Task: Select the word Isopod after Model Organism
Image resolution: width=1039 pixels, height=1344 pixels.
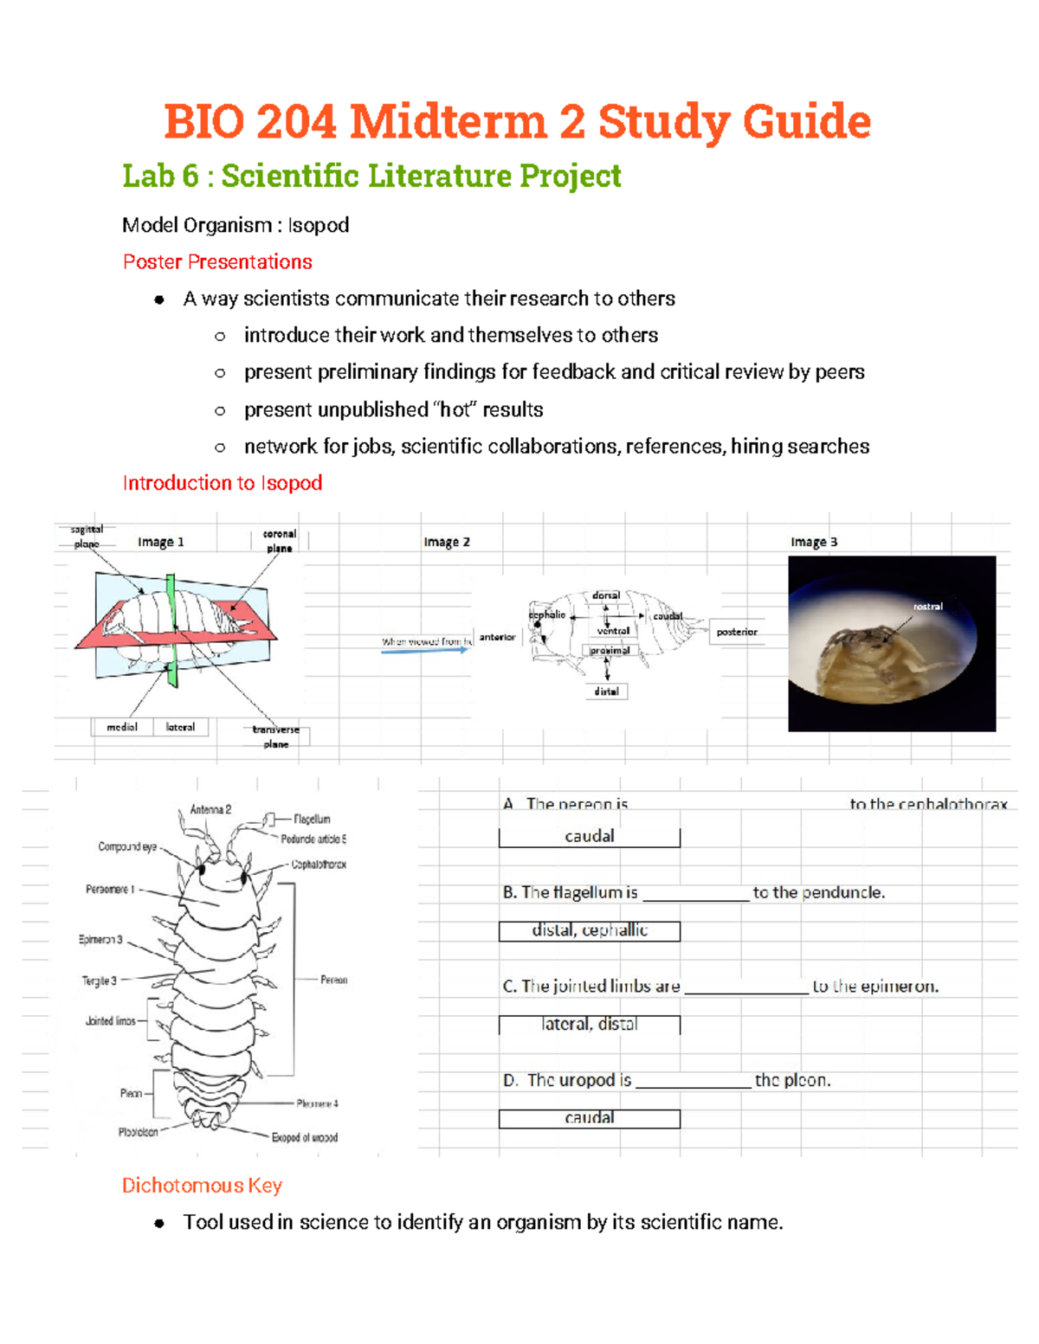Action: click(319, 226)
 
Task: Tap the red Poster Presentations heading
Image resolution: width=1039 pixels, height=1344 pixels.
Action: click(217, 262)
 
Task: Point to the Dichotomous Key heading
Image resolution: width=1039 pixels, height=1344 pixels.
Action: click(202, 1186)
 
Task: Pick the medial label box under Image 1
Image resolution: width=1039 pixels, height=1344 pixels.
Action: click(122, 727)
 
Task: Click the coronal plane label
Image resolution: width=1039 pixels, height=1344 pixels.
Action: click(280, 541)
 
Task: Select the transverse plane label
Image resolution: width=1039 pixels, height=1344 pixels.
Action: click(276, 736)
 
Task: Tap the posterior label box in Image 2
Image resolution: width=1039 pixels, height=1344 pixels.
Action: click(737, 632)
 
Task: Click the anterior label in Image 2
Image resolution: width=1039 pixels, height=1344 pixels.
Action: click(497, 637)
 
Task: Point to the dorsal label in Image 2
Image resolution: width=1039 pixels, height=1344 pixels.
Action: click(606, 595)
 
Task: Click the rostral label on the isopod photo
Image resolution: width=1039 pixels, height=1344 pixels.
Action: click(927, 607)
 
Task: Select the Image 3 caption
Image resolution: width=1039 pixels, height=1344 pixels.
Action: click(814, 542)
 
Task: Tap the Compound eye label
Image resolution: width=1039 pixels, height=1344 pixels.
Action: click(127, 846)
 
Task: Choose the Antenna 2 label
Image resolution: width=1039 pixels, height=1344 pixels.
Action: click(210, 810)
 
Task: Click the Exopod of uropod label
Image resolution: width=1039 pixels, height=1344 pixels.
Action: click(305, 1137)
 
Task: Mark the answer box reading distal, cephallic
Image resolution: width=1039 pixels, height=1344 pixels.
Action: click(590, 930)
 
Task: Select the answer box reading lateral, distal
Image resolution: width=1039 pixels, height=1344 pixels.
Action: click(590, 1025)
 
